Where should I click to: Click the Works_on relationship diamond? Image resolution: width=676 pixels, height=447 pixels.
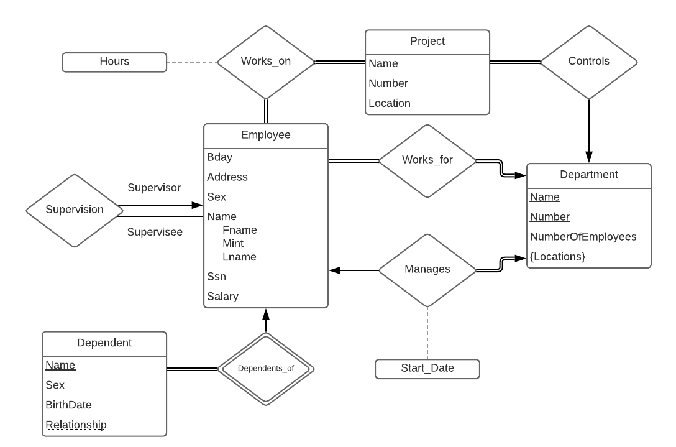[266, 62]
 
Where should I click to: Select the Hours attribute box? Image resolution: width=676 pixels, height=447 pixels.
[114, 62]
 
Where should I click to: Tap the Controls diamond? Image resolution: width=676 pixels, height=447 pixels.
[588, 62]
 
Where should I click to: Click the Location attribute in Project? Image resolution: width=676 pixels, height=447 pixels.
[390, 103]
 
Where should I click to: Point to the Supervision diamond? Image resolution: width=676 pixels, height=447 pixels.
[74, 210]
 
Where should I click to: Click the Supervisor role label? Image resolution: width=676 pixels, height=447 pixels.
[153, 187]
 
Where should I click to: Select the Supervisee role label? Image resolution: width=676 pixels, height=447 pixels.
[155, 232]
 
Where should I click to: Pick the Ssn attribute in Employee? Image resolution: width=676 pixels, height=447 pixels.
[216, 276]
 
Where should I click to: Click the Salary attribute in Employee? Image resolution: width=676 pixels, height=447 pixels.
[222, 297]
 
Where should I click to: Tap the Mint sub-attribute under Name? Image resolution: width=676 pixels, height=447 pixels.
[233, 243]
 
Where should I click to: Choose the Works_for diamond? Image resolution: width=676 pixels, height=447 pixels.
[427, 160]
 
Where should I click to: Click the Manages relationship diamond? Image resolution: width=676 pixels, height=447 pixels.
[427, 270]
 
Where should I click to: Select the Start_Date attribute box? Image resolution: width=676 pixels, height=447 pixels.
[427, 368]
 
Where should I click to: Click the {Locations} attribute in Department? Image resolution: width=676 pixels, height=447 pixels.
[557, 256]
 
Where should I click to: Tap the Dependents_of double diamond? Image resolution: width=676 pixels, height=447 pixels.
[265, 368]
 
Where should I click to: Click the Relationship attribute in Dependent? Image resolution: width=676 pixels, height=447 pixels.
[76, 425]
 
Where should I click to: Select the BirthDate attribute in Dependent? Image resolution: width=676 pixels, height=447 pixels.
[68, 405]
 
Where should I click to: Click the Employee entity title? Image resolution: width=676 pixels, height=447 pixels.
[265, 134]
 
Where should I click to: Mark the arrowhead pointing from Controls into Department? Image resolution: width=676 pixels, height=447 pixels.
[588, 157]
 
